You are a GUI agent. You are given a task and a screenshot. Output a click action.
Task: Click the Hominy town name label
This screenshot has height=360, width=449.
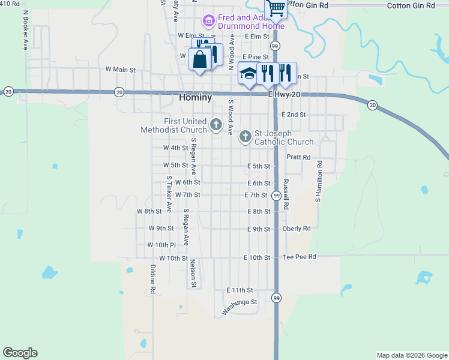(195, 97)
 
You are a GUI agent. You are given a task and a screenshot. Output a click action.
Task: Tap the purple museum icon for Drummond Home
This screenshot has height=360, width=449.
(209, 22)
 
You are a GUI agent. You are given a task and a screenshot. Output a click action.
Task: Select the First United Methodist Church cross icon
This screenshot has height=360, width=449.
(215, 125)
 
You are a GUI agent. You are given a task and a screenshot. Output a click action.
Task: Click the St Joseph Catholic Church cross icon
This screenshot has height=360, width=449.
(245, 137)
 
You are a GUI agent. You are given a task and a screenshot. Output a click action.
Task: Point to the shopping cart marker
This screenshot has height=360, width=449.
(276, 8)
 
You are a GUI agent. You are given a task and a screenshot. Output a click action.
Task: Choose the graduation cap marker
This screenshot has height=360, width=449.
(249, 73)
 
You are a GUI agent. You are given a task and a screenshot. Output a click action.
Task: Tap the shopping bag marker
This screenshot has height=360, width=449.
(199, 59)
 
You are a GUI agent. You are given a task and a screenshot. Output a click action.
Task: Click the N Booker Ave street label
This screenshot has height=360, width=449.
(25, 29)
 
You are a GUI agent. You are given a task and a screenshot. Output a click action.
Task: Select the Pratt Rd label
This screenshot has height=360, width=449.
(298, 157)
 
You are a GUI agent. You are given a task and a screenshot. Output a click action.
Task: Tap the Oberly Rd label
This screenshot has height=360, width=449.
(297, 229)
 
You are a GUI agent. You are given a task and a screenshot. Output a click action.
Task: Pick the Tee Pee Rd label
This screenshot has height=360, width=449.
(299, 257)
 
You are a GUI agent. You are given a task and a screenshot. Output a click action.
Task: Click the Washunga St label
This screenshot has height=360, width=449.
(239, 307)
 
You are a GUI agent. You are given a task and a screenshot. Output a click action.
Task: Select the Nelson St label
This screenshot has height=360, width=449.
(193, 273)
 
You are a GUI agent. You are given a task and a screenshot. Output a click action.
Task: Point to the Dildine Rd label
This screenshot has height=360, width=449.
(153, 279)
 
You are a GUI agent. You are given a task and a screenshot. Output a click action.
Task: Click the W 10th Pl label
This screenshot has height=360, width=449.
(161, 245)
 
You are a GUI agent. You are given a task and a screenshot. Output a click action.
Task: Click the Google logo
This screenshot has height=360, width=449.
(20, 353)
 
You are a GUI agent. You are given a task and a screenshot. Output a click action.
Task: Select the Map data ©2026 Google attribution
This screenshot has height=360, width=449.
(411, 355)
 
